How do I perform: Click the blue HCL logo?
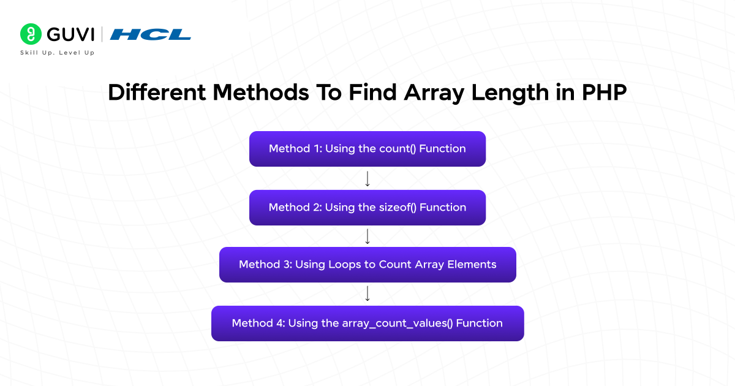coord(150,34)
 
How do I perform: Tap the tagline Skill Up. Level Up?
coord(58,53)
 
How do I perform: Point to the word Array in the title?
coord(432,93)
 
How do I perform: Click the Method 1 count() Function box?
coord(367,149)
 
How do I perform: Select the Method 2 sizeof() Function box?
coord(367,208)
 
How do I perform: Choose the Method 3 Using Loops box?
coord(367,265)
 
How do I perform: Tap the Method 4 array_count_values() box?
coord(367,324)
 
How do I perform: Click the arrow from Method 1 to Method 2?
coord(367,178)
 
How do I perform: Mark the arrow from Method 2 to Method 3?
coord(367,236)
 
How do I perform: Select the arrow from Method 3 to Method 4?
coord(367,294)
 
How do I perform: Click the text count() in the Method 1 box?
coord(398,149)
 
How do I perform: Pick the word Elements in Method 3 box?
coord(471,265)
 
